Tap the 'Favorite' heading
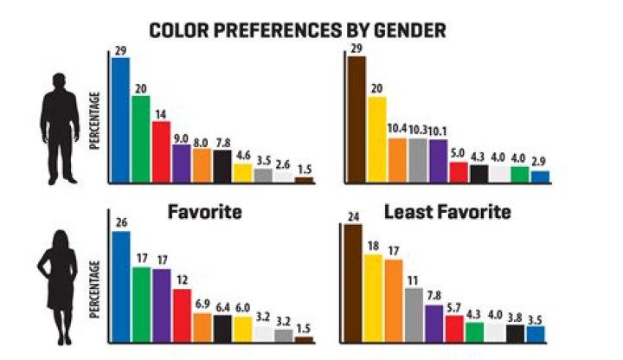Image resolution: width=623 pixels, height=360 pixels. [x=203, y=211]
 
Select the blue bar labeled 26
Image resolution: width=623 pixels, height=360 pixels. [x=120, y=286]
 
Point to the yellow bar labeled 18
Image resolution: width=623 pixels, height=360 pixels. [x=373, y=298]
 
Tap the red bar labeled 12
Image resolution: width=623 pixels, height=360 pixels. [x=182, y=315]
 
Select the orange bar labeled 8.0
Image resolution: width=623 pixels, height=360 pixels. [x=202, y=165]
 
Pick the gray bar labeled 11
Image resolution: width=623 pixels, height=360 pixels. [x=414, y=314]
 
